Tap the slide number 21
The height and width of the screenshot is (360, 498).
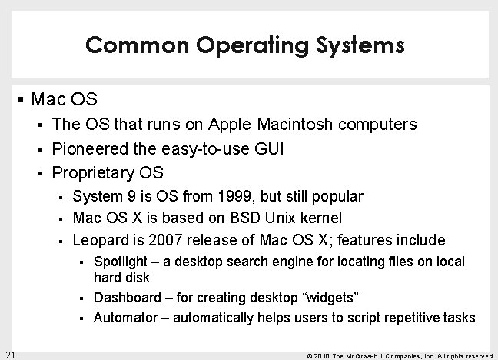point(10,354)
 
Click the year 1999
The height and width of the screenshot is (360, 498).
point(228,197)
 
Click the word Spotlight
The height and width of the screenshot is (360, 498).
point(120,262)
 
